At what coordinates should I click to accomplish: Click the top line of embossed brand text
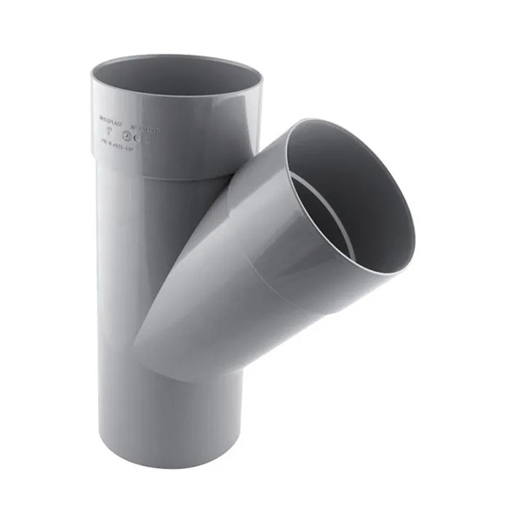[110, 114]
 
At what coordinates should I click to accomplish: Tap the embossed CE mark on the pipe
[143, 136]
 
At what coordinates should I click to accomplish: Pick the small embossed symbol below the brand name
[110, 125]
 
